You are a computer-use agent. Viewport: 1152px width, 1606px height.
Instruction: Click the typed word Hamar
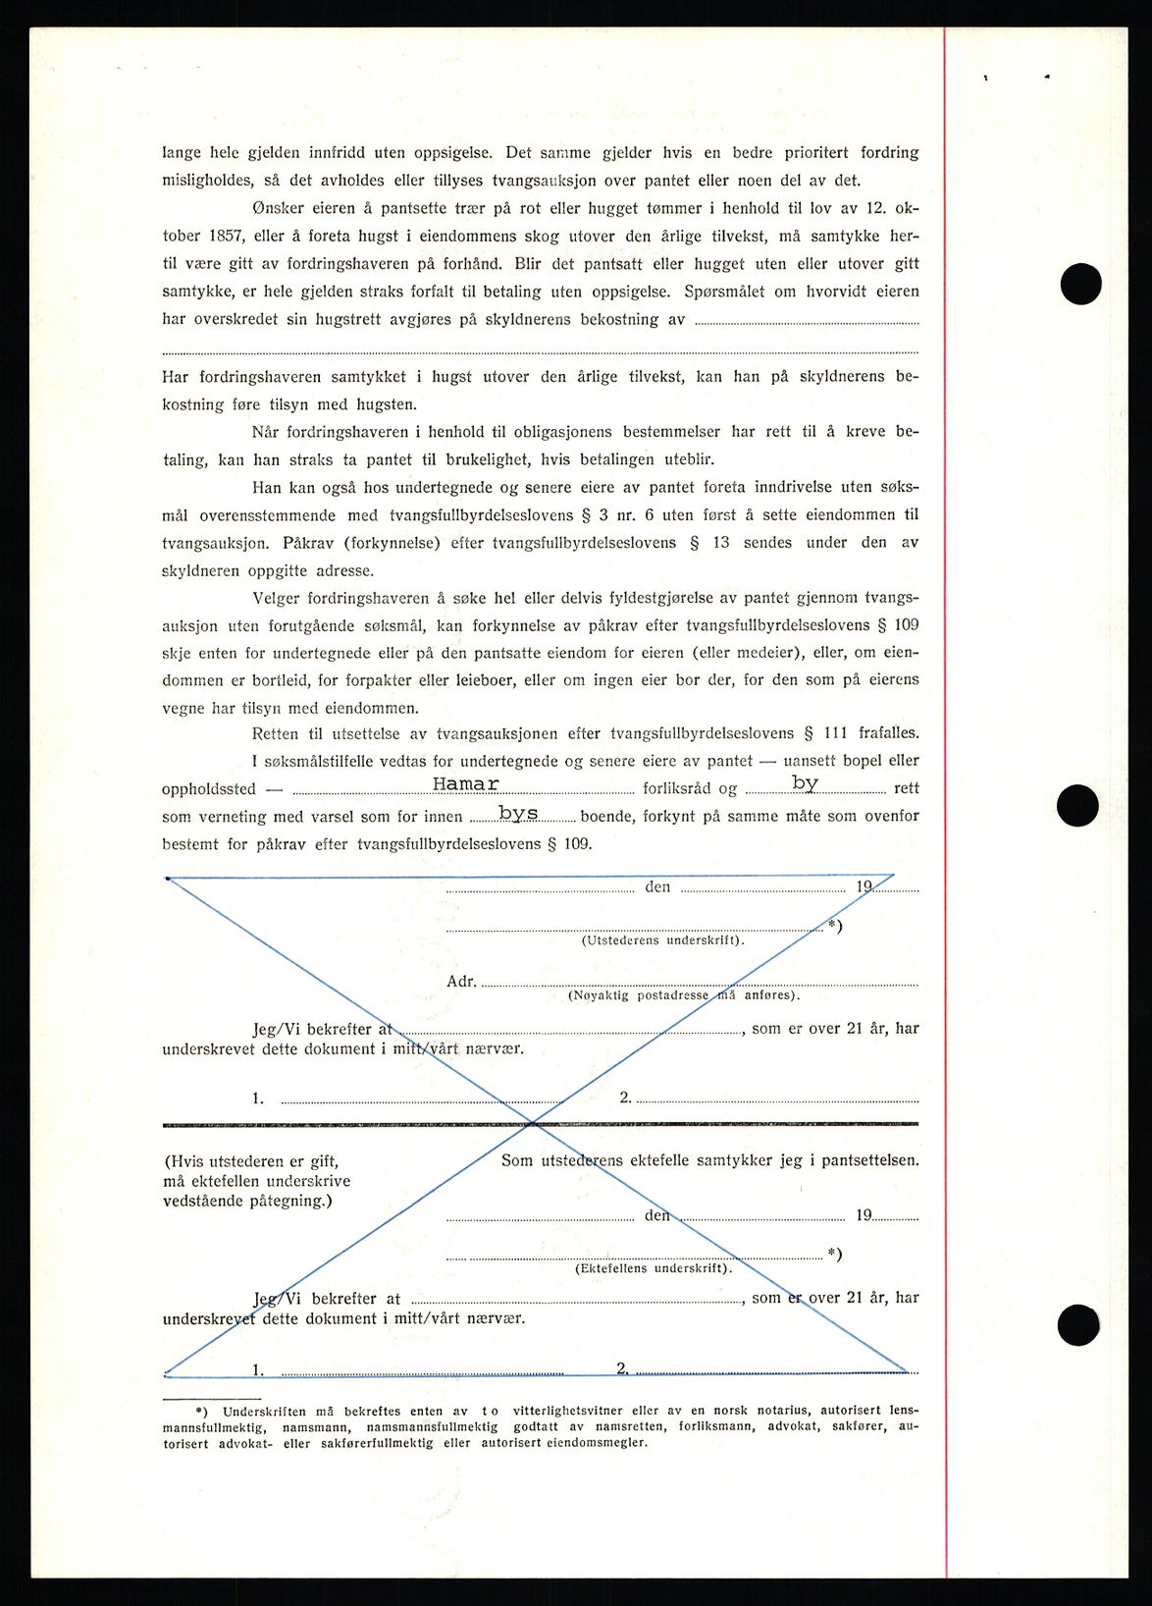pos(466,784)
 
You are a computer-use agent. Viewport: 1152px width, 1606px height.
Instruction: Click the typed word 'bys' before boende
pos(517,813)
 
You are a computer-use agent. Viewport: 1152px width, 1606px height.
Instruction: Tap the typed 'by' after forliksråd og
pos(805,783)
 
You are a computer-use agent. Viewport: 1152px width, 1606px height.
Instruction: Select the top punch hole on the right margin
pos(1080,285)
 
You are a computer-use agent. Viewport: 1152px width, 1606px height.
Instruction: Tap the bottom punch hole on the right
pos(1077,1324)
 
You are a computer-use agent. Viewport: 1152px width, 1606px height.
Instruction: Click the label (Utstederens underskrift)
pos(662,940)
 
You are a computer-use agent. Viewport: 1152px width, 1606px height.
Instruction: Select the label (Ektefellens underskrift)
pos(653,1268)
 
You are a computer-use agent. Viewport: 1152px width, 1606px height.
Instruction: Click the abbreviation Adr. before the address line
pos(461,982)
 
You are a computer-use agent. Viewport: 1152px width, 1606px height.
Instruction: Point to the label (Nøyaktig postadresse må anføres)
pos(684,995)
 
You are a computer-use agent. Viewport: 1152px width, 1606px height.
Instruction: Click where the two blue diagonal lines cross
pos(531,1122)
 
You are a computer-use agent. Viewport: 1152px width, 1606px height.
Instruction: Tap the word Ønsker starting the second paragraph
pos(278,208)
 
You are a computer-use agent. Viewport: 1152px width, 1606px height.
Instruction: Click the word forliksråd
pos(677,788)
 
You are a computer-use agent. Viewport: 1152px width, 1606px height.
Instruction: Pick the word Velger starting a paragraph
pos(276,597)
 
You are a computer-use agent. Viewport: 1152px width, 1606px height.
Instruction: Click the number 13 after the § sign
pos(721,542)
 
